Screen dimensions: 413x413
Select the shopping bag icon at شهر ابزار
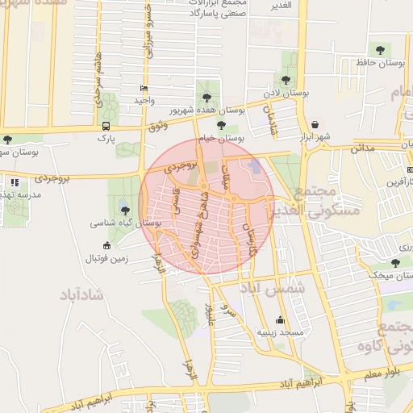coord(315,125)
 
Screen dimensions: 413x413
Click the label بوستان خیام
coord(223,138)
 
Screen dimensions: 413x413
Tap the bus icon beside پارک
coord(106,127)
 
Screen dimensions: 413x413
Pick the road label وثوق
coord(158,125)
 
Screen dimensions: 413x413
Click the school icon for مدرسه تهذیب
coord(14,184)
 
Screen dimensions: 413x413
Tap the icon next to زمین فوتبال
coord(106,245)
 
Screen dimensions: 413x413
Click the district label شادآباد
coord(82,294)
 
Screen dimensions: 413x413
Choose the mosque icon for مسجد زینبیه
coord(280,319)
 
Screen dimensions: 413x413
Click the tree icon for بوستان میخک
coord(395,262)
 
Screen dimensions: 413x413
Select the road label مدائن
coord(363,148)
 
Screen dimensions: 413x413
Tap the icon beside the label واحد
coord(144,87)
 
